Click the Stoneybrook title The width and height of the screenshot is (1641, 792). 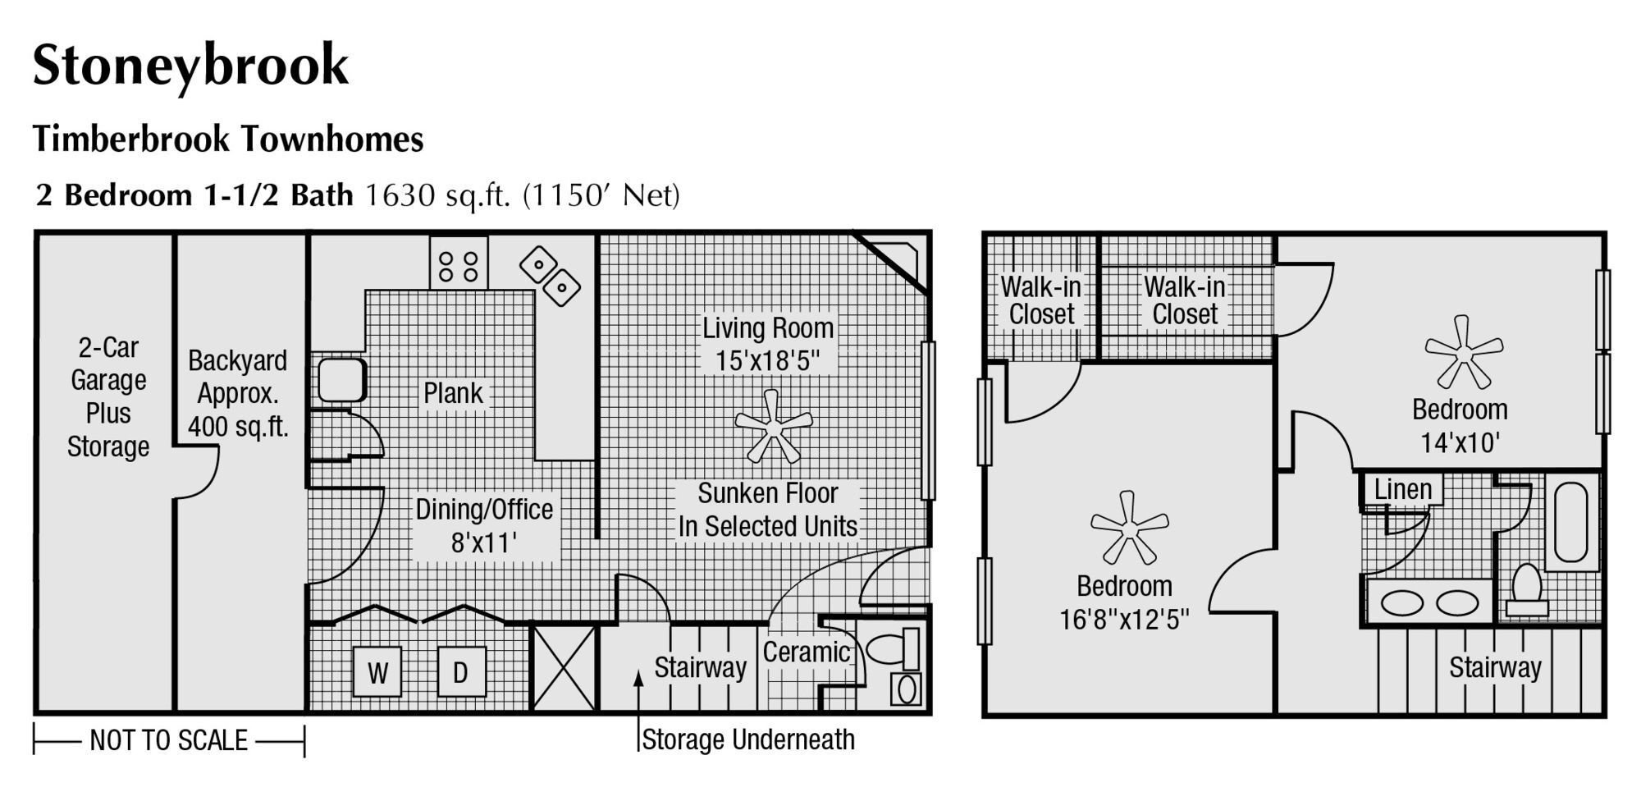190,66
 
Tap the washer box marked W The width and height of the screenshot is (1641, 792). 377,672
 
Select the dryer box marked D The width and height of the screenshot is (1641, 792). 461,672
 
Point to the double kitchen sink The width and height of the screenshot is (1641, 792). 550,276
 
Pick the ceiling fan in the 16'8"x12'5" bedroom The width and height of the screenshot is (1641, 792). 1129,528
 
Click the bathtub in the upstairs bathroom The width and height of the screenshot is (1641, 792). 1571,522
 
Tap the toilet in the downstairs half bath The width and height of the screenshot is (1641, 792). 894,648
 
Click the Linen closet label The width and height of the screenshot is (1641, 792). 1402,489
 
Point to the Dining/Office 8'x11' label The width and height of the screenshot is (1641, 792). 484,525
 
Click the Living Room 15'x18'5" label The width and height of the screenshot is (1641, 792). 767,344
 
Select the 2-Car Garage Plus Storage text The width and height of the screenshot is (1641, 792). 107,396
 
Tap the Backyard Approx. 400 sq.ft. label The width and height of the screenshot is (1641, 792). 237,393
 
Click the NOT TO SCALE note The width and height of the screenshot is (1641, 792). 168,740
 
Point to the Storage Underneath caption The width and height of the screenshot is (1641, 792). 747,739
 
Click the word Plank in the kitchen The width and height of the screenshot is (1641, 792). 453,393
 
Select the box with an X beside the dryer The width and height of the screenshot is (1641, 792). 565,667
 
